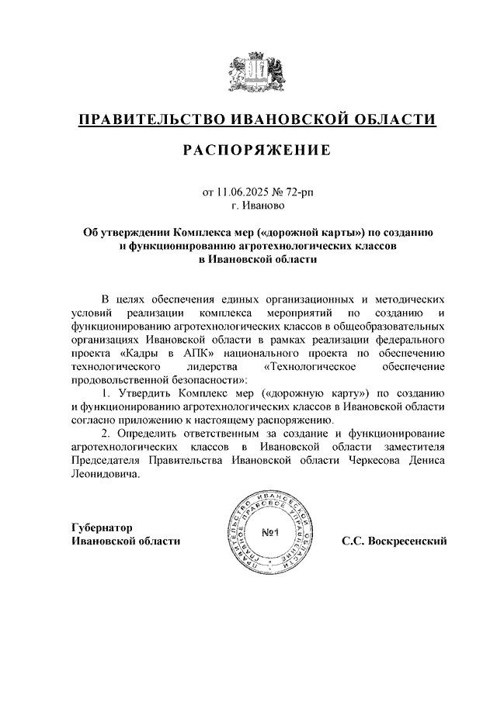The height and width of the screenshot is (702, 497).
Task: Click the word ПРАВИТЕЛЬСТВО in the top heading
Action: [x=151, y=120]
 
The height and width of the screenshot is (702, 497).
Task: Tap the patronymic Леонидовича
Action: [x=106, y=475]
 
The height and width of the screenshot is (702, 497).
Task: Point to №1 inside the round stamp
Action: [x=270, y=533]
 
